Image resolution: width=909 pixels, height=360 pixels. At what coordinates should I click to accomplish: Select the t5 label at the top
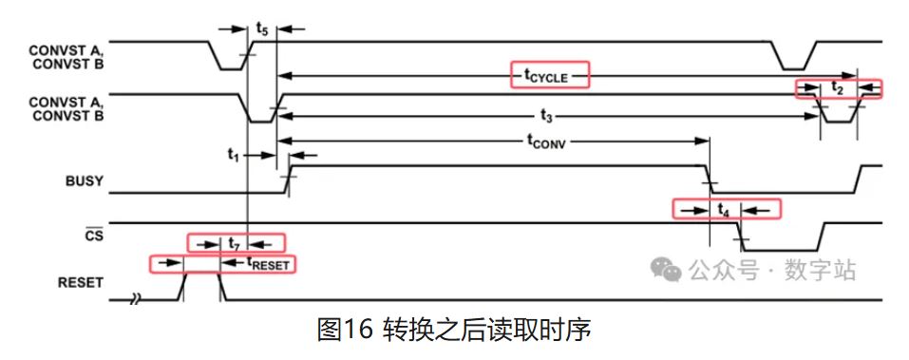click(x=262, y=30)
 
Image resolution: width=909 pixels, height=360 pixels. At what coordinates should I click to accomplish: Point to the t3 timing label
click(x=545, y=116)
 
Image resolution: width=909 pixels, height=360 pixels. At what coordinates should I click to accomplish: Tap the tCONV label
click(x=551, y=141)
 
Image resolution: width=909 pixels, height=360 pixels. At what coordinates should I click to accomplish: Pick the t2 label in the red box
click(x=837, y=88)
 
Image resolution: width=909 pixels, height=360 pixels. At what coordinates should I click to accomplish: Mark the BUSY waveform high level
click(x=494, y=166)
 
